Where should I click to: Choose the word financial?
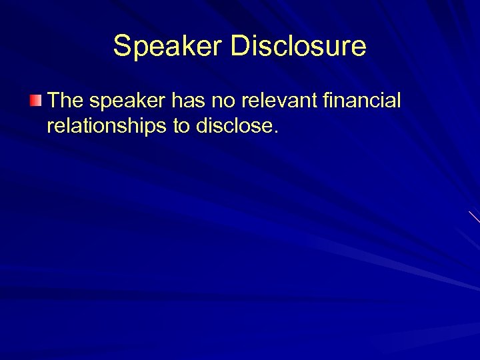pos(361,101)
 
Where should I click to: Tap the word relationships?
pos(107,126)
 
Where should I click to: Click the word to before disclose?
pos(181,126)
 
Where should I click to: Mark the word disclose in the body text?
pos(232,126)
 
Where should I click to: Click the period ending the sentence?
pos(273,131)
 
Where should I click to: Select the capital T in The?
pos(53,101)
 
